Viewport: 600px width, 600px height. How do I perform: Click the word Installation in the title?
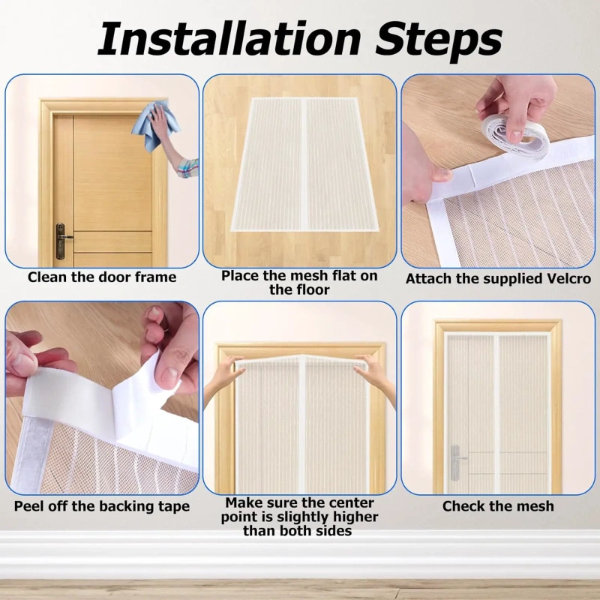pos(229,39)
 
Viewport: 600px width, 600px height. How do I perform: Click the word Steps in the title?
pos(438,41)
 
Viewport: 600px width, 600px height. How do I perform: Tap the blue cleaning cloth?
pos(156,125)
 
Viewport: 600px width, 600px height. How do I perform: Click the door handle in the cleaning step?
pos(62,241)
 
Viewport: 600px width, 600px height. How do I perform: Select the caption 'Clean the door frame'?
pos(102,277)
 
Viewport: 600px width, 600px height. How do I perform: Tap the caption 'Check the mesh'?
pos(498,506)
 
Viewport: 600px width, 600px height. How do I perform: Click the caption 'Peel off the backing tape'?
pos(102,506)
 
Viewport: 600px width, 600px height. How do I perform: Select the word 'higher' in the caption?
pos(352,517)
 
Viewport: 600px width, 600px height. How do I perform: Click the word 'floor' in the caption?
pos(311,289)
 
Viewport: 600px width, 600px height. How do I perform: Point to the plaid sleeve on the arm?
pos(188,168)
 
